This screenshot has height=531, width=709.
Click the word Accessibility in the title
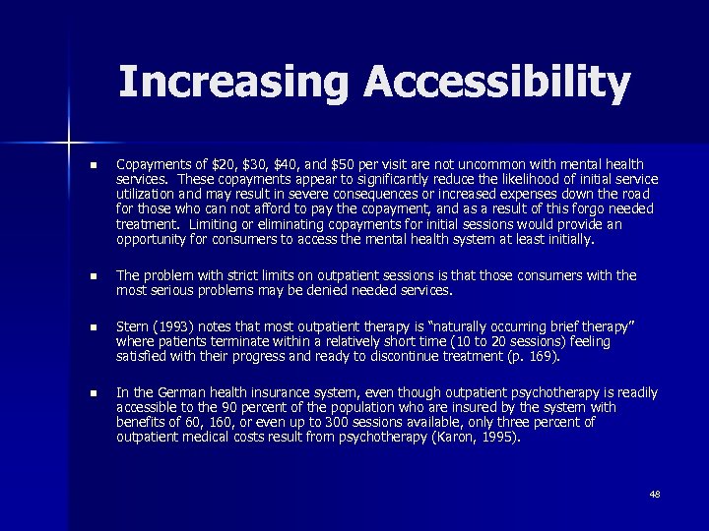coord(496,84)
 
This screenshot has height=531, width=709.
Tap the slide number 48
coord(655,493)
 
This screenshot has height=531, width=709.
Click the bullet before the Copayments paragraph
coord(93,164)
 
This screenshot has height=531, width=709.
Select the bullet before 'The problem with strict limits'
coord(93,276)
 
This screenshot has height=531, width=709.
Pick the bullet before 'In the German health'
coord(93,393)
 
